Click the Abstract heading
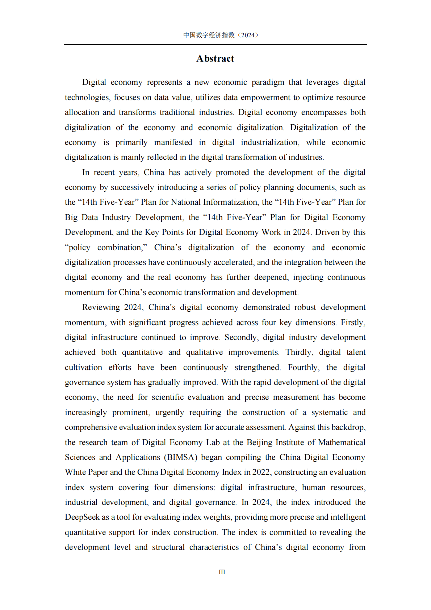point(215,59)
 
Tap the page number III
point(222,572)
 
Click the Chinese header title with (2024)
point(221,35)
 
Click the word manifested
point(173,142)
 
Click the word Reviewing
point(101,307)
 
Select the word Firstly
point(353,323)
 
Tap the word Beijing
point(259,443)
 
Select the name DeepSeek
point(82,517)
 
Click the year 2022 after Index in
point(261,472)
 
